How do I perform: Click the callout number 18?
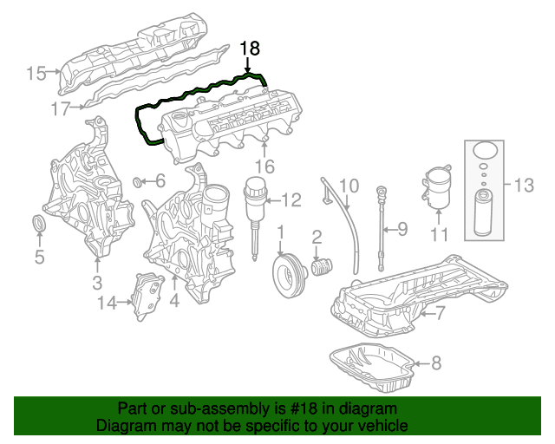click(250, 49)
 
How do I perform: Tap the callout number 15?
click(36, 74)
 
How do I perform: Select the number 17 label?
click(60, 109)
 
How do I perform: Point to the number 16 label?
click(264, 166)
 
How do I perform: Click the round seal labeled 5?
click(39, 225)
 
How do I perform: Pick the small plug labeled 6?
click(139, 182)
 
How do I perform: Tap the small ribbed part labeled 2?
click(321, 264)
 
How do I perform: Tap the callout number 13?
click(524, 185)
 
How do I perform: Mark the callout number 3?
click(97, 283)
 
